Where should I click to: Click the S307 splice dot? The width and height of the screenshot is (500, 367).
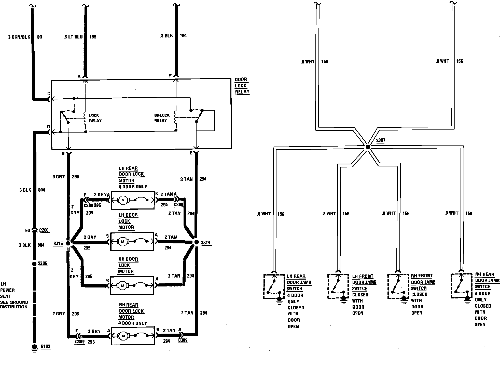[x=368, y=147]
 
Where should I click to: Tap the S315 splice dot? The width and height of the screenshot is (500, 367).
[x=68, y=243]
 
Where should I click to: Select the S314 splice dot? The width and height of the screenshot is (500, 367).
[x=196, y=242]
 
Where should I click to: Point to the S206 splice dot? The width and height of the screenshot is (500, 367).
[x=34, y=264]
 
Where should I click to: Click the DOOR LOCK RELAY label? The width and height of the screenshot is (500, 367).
[x=242, y=86]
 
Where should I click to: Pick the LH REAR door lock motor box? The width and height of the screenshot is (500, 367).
[x=132, y=200]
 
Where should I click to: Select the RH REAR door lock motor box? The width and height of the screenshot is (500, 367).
[x=133, y=336]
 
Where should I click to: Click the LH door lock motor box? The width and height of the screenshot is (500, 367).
[x=132, y=241]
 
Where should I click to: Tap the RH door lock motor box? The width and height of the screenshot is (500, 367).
[x=132, y=285]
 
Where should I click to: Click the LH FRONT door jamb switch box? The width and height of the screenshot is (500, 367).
[x=338, y=286]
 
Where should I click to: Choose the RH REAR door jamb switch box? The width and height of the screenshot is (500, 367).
[x=461, y=286]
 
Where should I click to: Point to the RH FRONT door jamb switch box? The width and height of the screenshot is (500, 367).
[x=398, y=286]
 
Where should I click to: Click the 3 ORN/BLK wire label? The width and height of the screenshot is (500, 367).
[x=19, y=37]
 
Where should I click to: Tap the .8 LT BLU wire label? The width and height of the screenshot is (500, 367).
[x=73, y=37]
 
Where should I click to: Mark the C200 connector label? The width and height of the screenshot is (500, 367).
[x=44, y=230]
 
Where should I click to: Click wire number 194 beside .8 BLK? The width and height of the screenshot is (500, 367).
[x=183, y=35]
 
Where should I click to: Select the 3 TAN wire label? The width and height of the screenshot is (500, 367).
[x=186, y=179]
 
